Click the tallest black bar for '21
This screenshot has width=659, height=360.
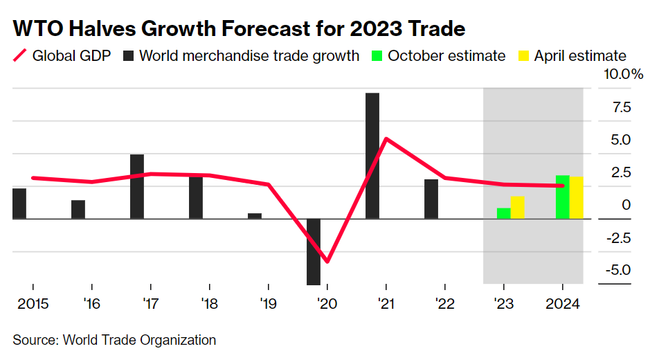click(x=372, y=156)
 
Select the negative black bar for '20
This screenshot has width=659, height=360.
click(x=314, y=251)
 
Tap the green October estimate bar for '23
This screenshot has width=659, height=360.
click(x=503, y=213)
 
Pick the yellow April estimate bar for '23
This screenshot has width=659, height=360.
click(x=517, y=208)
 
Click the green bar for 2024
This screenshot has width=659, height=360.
click(x=562, y=197)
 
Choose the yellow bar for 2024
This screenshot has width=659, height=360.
click(x=576, y=198)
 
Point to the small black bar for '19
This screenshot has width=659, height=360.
click(x=255, y=216)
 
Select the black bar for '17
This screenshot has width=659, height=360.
click(x=137, y=186)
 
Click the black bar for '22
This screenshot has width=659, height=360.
click(x=431, y=199)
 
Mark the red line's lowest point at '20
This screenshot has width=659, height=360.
click(x=327, y=262)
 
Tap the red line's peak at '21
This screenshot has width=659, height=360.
click(x=386, y=138)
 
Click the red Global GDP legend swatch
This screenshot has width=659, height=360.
click(x=20, y=56)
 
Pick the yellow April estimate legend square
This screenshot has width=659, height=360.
click(x=523, y=56)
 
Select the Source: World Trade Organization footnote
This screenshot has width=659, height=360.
click(x=114, y=340)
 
